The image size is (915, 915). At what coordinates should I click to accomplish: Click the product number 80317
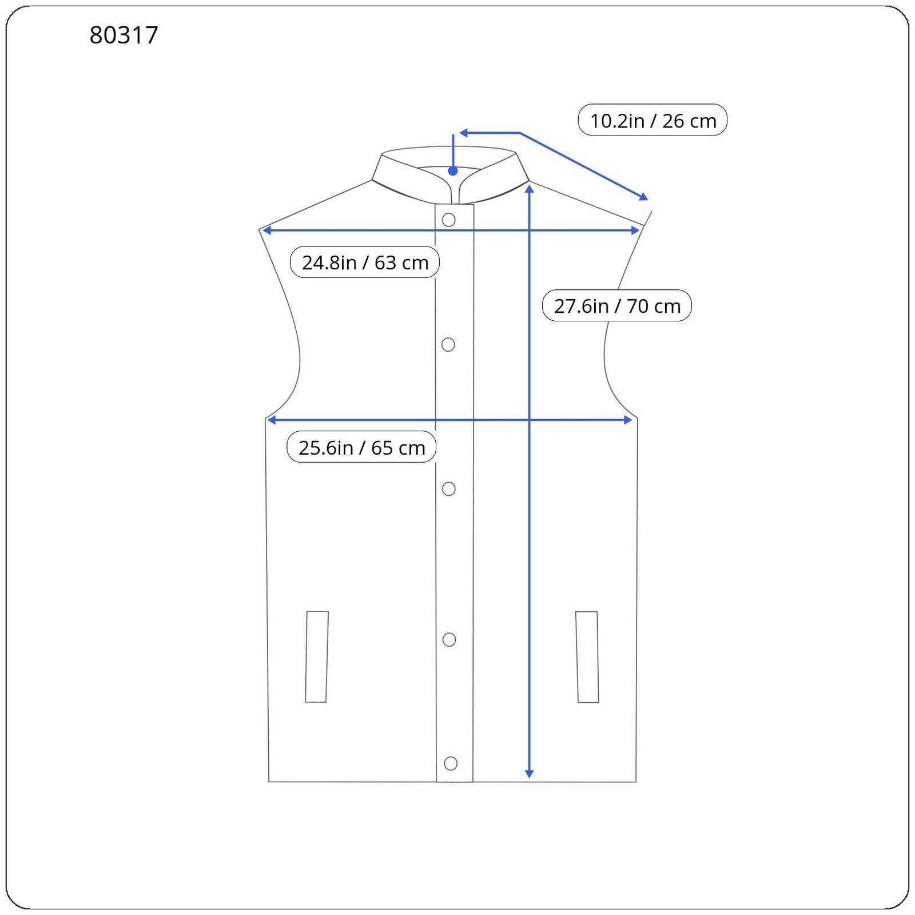click(124, 35)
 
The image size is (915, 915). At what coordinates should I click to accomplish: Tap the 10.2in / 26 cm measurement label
click(653, 120)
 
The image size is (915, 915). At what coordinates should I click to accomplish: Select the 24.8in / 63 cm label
click(365, 262)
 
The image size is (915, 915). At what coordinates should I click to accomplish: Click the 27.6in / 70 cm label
click(617, 305)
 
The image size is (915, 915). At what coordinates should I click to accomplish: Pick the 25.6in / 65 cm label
click(361, 447)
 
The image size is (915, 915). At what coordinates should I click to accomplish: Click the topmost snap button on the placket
click(449, 220)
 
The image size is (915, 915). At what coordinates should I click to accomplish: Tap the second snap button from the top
click(448, 344)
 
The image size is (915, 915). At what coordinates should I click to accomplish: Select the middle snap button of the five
click(449, 489)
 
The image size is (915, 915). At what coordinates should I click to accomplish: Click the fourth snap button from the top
click(449, 639)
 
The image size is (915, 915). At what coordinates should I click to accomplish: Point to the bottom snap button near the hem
click(451, 763)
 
